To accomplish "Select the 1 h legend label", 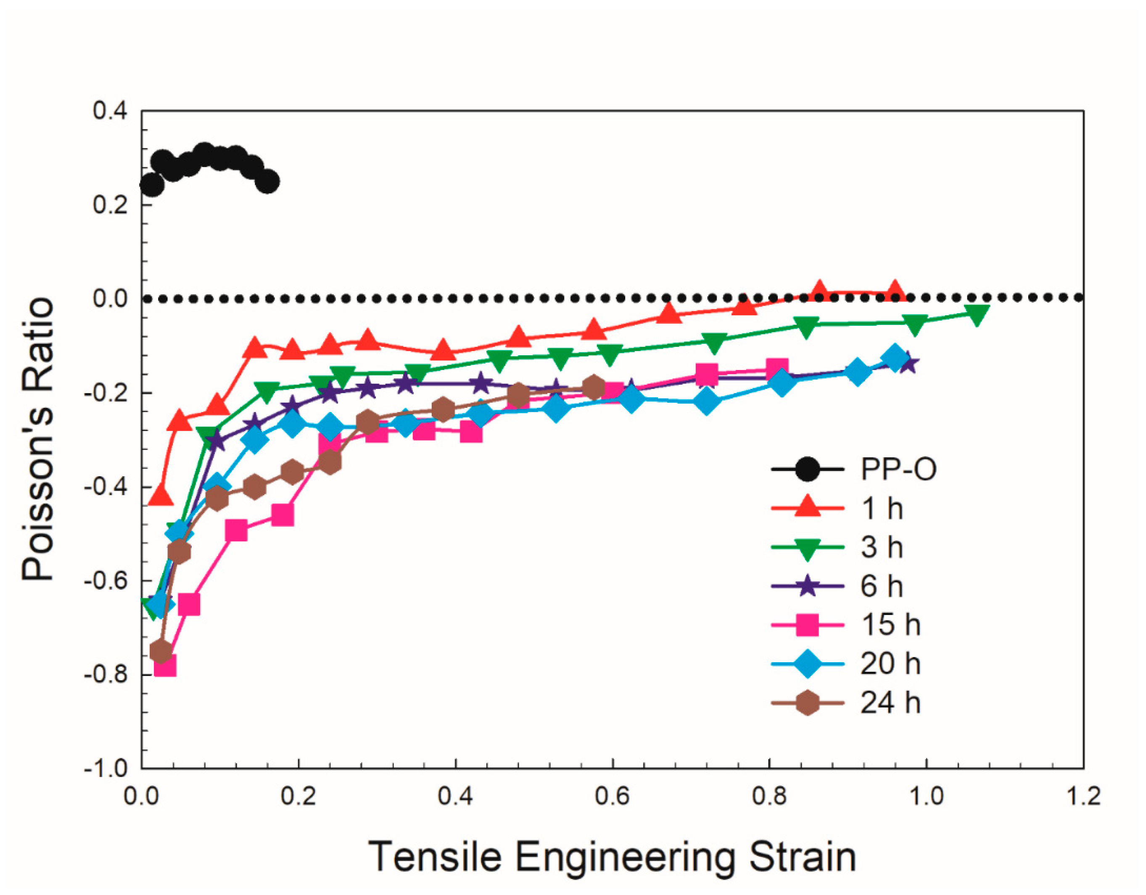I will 882,508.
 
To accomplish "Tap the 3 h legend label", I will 882,547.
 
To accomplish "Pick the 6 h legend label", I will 882,586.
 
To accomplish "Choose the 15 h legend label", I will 890,625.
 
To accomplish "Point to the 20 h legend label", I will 890,664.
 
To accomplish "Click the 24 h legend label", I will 890,702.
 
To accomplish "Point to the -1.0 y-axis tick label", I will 106,768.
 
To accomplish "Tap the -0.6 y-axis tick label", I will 106,581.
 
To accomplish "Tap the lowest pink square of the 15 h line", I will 165,667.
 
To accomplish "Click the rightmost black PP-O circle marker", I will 268,182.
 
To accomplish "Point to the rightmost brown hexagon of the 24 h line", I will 594,388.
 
